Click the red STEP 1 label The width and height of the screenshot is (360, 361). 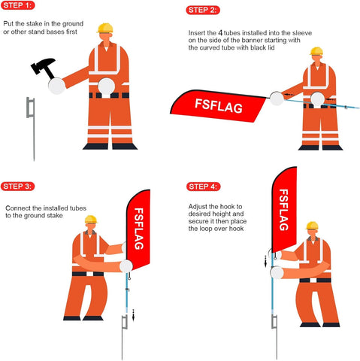click(x=17, y=6)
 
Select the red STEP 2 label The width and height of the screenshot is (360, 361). click(x=202, y=10)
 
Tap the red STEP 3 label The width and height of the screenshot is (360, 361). click(x=17, y=186)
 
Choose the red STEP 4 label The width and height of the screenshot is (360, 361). click(x=202, y=186)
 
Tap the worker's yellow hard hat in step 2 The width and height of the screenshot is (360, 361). click(x=316, y=52)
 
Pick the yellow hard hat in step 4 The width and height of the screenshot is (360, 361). click(x=312, y=226)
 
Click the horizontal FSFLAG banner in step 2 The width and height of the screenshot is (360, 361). click(x=219, y=105)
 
